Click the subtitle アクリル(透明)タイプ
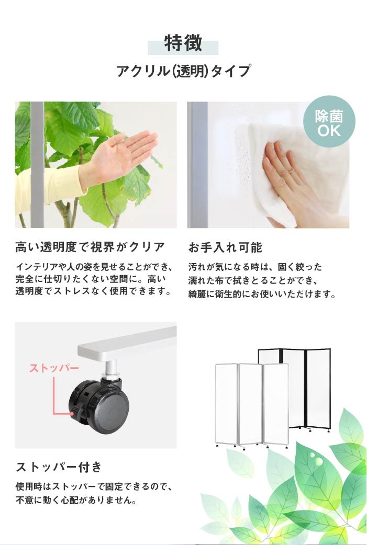pyautogui.click(x=183, y=71)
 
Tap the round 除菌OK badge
pyautogui.click(x=329, y=122)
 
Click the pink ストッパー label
pyautogui.click(x=54, y=368)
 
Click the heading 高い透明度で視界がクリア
pyautogui.click(x=90, y=247)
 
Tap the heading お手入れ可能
pyautogui.click(x=225, y=247)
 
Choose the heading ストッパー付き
pyautogui.click(x=59, y=467)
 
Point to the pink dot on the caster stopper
pyautogui.click(x=72, y=414)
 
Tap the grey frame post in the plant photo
pyautogui.click(x=37, y=165)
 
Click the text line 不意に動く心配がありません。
pyautogui.click(x=76, y=500)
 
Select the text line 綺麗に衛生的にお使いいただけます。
pyautogui.click(x=262, y=294)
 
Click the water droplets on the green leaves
pyautogui.click(x=317, y=458)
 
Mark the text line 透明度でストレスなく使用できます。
pyautogui.click(x=94, y=291)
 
